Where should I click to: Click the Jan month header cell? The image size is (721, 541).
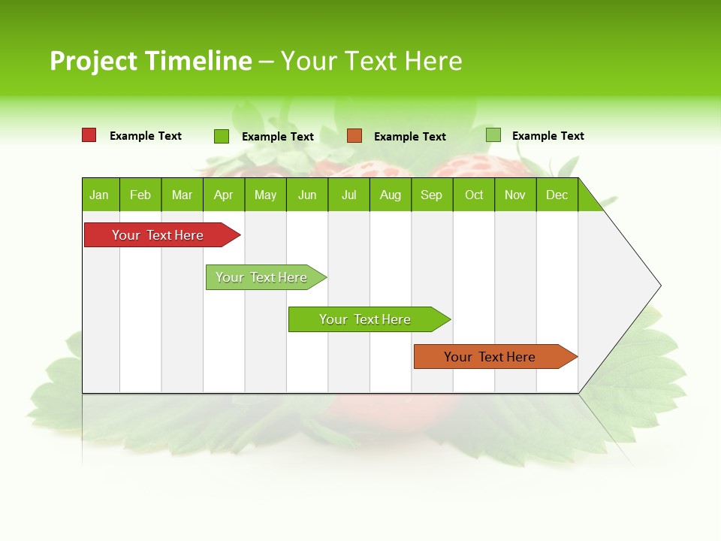100,195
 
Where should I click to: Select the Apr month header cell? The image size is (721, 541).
223,195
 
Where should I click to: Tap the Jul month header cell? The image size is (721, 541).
348,195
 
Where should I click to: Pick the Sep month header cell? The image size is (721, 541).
431,195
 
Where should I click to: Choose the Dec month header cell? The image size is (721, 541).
557,195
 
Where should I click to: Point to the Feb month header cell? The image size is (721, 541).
140,195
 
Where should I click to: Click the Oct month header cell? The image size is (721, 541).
474,195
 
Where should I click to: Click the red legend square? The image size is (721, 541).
89,135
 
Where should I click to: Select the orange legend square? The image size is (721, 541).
354,136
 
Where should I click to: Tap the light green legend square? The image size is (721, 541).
493,135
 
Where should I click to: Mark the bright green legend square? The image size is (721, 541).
222,136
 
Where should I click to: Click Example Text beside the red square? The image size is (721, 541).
146,136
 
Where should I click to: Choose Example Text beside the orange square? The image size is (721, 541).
410,137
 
